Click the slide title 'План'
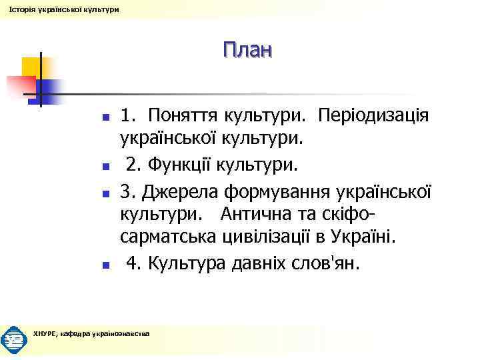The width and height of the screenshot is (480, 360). point(247,50)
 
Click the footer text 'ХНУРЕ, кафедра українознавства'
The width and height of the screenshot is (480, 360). point(91,333)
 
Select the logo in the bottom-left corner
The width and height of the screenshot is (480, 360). point(14,339)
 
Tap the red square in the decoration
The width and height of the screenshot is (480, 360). point(20,86)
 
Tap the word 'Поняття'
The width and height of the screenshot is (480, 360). point(185,116)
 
